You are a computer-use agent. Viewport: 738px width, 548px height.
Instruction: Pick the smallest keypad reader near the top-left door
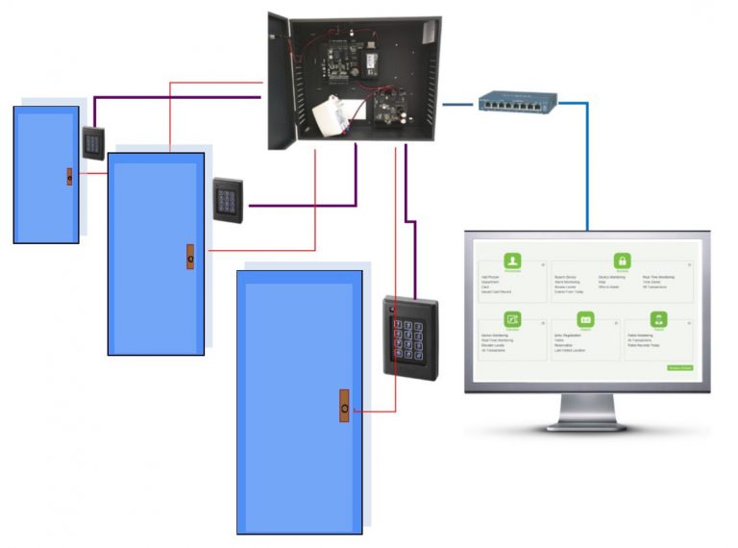[x=93, y=142]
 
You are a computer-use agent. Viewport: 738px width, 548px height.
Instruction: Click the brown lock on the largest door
[x=344, y=407]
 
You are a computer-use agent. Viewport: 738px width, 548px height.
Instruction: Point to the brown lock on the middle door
[x=190, y=257]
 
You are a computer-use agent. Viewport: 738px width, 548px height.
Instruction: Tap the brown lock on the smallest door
[x=69, y=176]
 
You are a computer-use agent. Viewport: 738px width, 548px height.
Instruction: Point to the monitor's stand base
[x=587, y=423]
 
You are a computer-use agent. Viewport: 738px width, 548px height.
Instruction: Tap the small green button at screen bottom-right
[x=678, y=367]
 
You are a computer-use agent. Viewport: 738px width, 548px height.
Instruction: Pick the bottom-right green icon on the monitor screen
[x=658, y=320]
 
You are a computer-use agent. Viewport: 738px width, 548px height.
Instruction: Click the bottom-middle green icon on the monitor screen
[x=585, y=320]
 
